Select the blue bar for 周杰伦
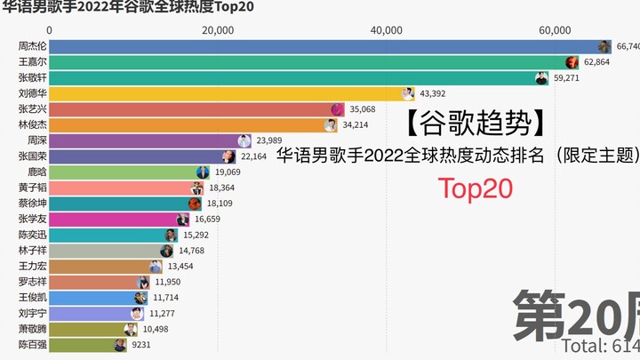(x=320, y=46)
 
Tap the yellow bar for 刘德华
(x=222, y=93)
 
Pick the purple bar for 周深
(x=142, y=140)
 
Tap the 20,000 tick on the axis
(x=218, y=30)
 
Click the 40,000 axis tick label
(x=386, y=30)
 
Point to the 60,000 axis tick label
(x=555, y=30)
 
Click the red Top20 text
(x=472, y=188)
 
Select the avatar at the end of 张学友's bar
(x=182, y=220)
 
